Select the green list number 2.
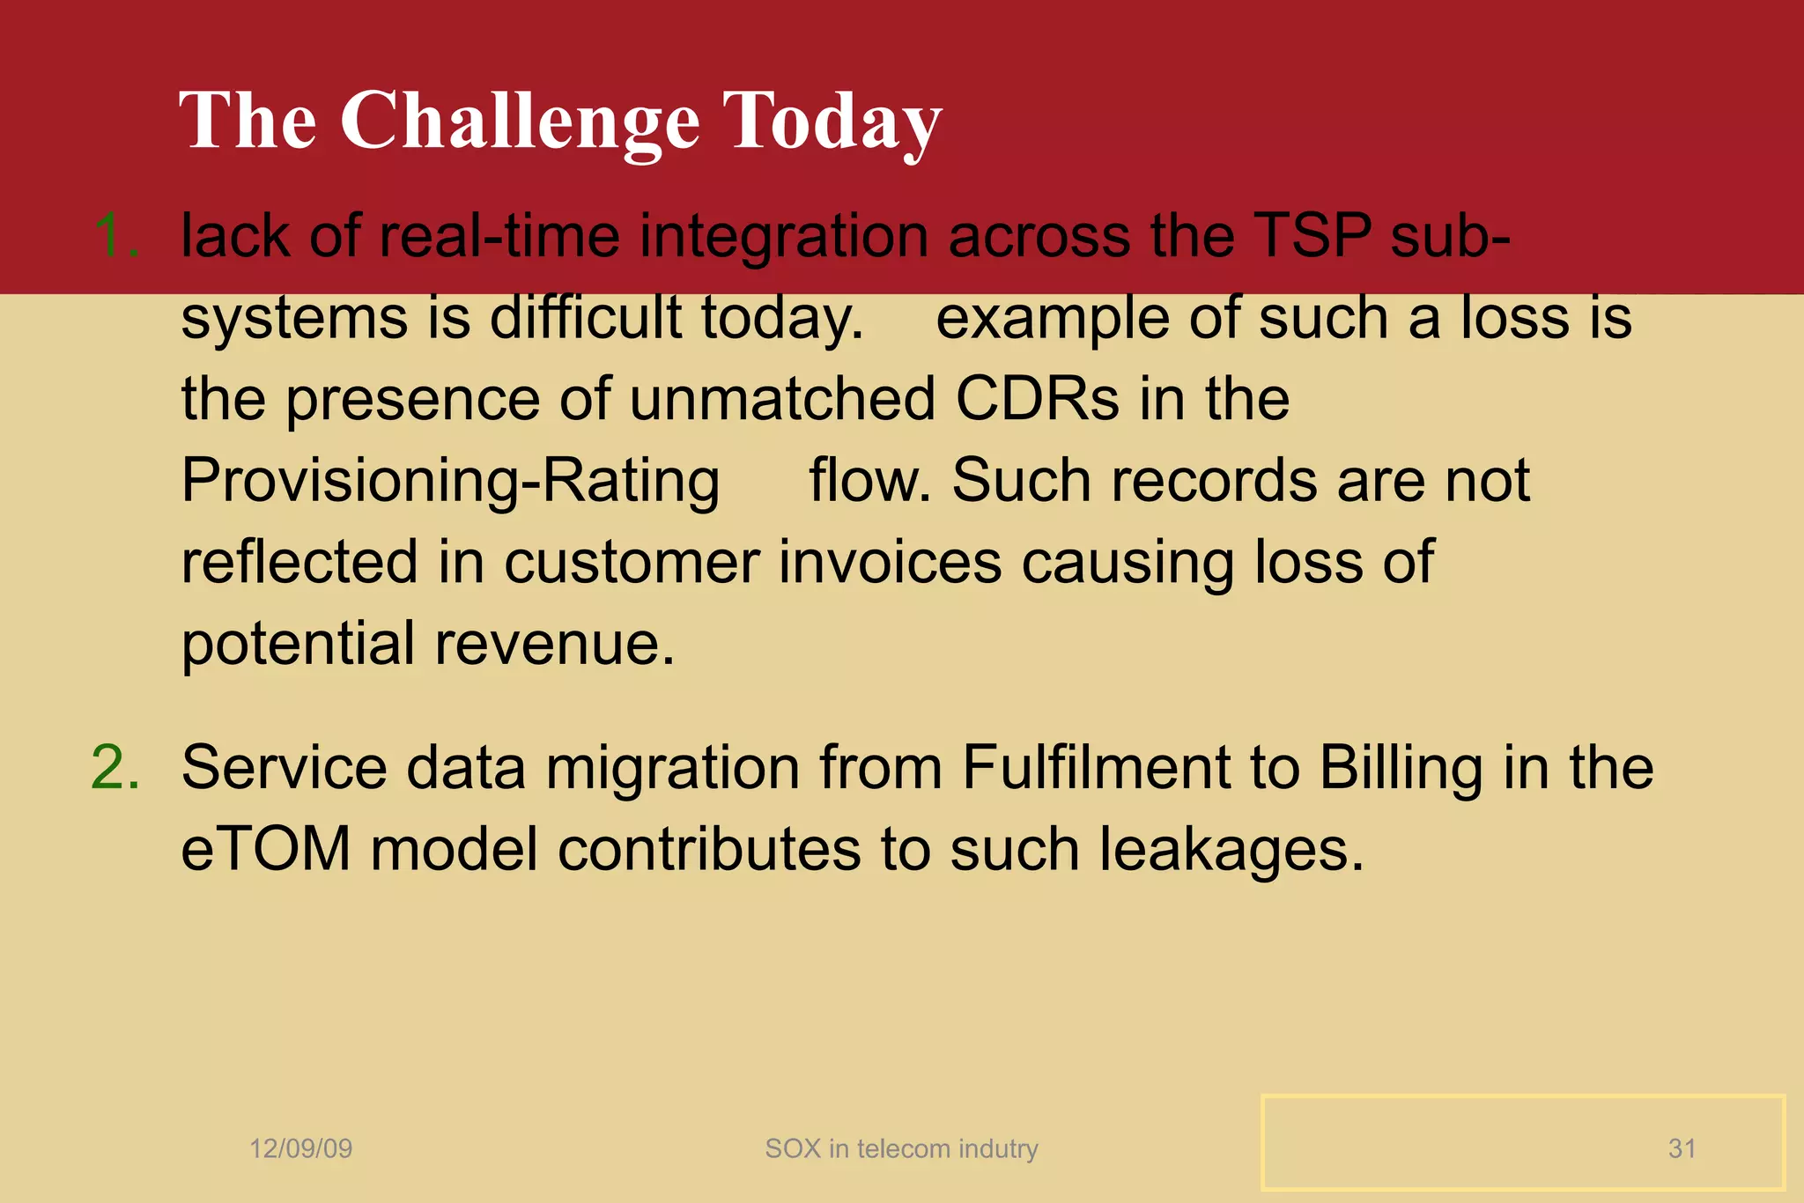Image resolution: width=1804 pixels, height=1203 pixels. coord(115,767)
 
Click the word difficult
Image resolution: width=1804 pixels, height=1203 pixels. coord(585,317)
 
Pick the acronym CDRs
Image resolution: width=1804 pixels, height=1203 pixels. coord(1037,399)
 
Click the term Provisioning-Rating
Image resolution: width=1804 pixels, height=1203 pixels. coord(450,482)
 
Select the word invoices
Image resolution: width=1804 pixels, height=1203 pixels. coord(890,562)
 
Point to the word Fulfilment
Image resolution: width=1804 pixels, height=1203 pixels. coord(1095,767)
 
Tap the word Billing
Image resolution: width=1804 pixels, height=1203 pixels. coord(1401,767)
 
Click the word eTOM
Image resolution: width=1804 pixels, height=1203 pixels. coord(266,850)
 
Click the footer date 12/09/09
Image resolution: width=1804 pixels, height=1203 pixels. coord(300,1148)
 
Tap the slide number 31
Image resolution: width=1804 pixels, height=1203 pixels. coord(1682,1148)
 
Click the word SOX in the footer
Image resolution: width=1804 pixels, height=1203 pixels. coord(792,1148)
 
